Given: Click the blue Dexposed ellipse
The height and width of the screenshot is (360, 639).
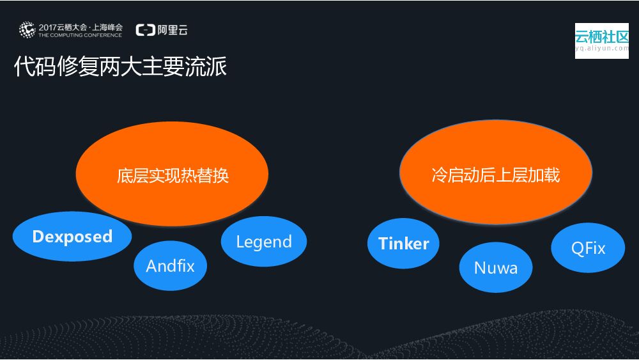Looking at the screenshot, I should pos(72,237).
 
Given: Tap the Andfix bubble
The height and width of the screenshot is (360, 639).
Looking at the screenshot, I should pos(170,265).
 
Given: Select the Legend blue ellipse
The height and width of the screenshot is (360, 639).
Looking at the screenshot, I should pos(263,242).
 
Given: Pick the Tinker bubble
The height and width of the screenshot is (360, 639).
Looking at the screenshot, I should pos(403,244).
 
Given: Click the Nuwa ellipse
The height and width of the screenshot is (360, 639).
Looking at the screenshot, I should pos(495,267).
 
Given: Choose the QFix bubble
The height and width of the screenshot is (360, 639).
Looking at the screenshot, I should pos(588,248).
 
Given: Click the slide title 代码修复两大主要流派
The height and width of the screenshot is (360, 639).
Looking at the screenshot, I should pos(120,67).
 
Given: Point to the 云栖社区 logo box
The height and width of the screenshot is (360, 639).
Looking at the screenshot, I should pos(601,41).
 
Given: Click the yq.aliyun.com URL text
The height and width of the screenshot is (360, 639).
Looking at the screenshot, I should pos(601,48).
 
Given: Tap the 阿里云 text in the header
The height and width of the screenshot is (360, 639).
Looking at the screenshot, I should pos(173,29).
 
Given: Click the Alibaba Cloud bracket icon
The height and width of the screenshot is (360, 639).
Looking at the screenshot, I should pos(146,29).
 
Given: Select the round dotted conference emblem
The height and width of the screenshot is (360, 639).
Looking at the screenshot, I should pos(27,29).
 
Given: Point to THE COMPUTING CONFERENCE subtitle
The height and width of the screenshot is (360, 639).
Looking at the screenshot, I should pos(79,35).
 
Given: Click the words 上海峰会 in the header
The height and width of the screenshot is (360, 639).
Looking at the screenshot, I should pos(106,27).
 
